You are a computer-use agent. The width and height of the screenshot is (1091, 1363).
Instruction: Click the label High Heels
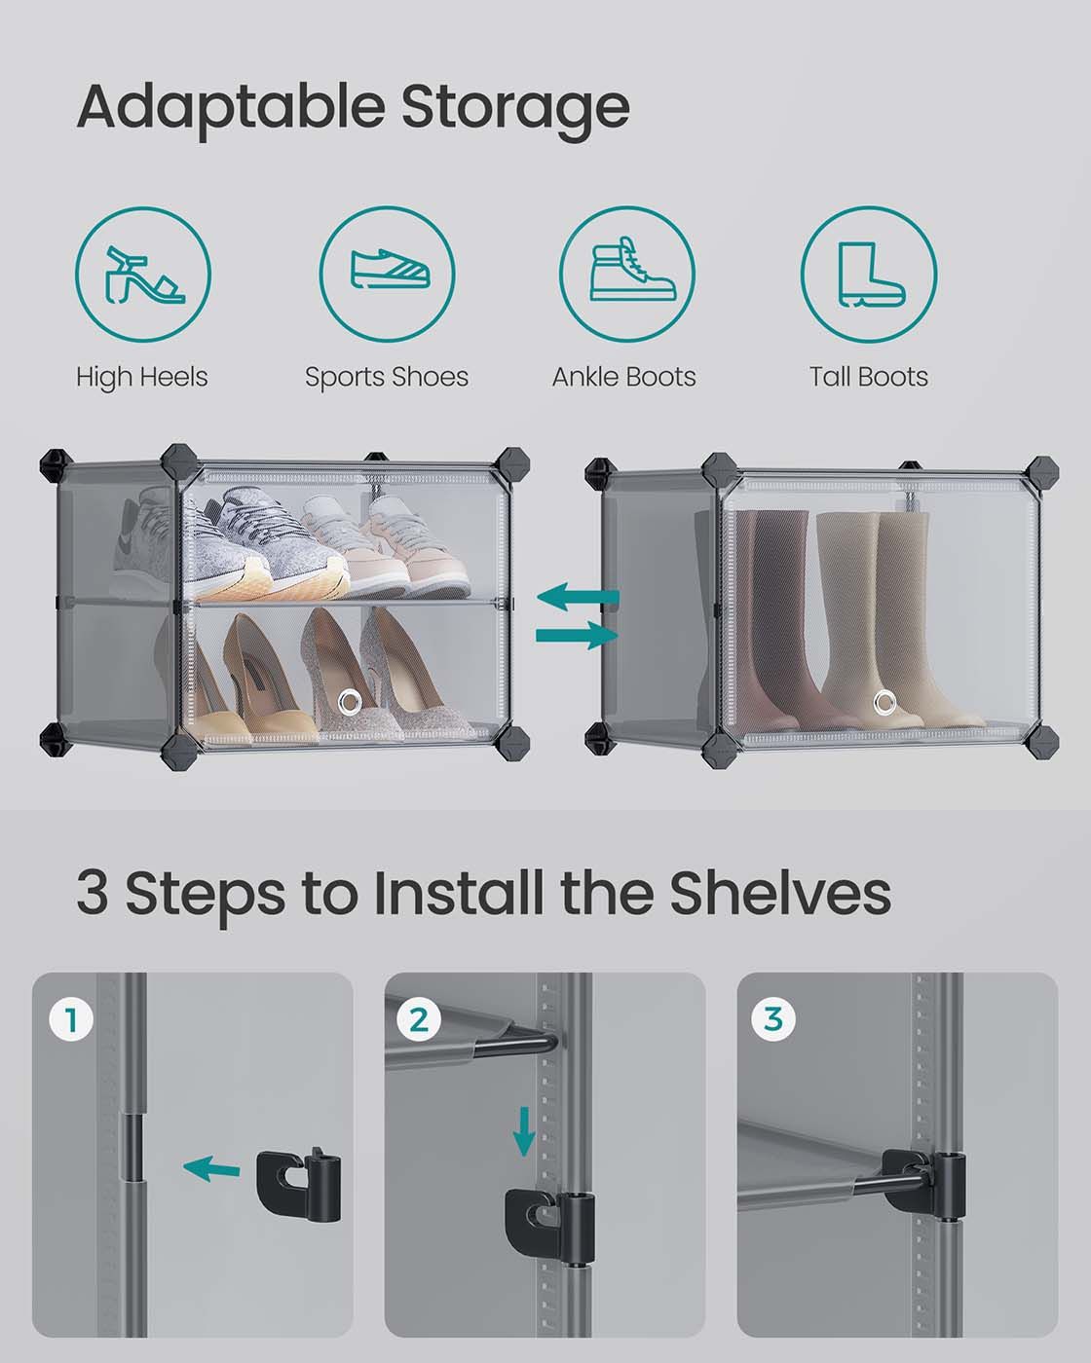point(142,378)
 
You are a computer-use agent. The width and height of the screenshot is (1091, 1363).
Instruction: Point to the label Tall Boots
point(869,377)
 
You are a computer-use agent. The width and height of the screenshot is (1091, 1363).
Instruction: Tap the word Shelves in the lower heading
point(780,893)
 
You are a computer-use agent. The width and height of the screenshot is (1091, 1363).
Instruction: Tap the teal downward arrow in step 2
point(524,1131)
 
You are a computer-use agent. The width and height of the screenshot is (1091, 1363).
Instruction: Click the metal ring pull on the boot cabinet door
point(883,701)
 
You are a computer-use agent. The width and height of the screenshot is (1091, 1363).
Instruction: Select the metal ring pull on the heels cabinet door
point(350,701)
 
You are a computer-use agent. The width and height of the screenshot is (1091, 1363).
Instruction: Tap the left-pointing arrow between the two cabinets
point(578,597)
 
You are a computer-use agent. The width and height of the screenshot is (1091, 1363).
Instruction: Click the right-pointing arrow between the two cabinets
point(577,635)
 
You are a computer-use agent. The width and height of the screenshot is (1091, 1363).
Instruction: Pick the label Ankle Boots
point(624,377)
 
